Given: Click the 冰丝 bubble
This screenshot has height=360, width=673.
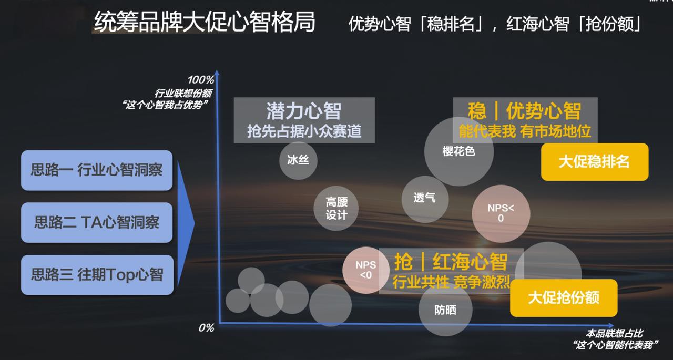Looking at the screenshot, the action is pos(298,161).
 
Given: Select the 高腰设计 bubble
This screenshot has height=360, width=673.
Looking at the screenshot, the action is pos(336,208).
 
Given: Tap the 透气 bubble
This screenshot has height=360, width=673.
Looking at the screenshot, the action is pos(425,199).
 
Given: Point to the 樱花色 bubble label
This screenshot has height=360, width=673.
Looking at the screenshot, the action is pos(459,151).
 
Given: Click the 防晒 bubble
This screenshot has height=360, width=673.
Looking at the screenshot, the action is pos(445,309).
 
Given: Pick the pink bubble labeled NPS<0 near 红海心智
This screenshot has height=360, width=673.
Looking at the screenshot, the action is pos(366,270).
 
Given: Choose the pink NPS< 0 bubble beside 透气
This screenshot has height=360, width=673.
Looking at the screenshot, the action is pos(501,214).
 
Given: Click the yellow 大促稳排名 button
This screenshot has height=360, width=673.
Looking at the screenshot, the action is pos(595,162).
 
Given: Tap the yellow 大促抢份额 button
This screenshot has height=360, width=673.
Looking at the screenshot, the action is pos(564,297).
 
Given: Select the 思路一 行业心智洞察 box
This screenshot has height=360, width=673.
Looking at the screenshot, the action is pos(97,170).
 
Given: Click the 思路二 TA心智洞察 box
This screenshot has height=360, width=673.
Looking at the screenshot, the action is pos(97,222).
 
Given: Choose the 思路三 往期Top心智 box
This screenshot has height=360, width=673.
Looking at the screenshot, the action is pos(97,275).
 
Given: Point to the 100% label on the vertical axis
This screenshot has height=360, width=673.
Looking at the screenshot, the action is pos(201,80).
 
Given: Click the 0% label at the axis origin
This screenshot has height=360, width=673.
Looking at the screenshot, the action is pos(206,327).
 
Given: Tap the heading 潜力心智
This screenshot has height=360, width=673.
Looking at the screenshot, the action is pos(304,111).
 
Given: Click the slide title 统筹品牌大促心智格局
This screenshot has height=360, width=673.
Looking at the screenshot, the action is pos(205,22).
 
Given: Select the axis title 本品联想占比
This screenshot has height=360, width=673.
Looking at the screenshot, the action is pos(615,333).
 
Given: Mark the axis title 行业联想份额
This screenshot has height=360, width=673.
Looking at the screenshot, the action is pos(183,93).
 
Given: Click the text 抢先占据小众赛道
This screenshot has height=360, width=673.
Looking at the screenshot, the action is pos(304,131).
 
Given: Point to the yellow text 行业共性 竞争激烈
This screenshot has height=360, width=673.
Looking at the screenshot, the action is pos(451,282).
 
